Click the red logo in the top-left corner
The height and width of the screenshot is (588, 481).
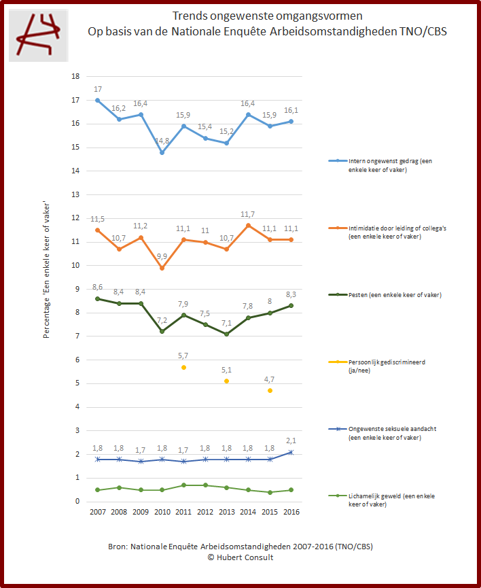click(x=38, y=35)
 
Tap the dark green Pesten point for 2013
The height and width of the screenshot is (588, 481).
click(x=227, y=334)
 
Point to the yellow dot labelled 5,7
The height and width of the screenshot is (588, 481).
click(x=183, y=367)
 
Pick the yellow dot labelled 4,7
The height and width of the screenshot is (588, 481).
click(x=270, y=391)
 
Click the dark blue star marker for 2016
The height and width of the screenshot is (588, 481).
click(x=292, y=452)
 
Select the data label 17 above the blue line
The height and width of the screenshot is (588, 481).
click(x=98, y=89)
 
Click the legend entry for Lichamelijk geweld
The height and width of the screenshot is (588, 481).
click(x=382, y=500)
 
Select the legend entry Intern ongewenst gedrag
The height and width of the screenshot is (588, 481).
click(x=382, y=165)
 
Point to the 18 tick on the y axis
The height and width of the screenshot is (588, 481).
click(x=75, y=76)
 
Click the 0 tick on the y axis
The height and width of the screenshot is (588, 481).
click(x=77, y=502)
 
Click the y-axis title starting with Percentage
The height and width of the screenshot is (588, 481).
click(x=47, y=269)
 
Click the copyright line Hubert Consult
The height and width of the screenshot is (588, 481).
click(x=240, y=557)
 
